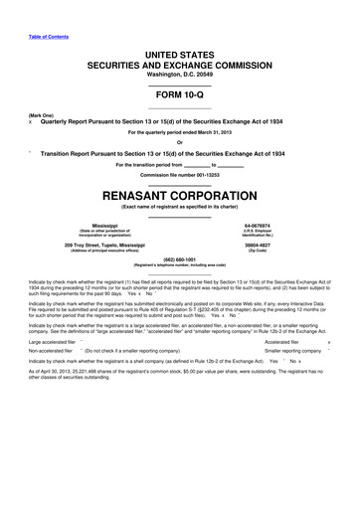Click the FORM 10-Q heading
(x=179, y=94)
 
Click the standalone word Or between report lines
(x=179, y=140)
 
